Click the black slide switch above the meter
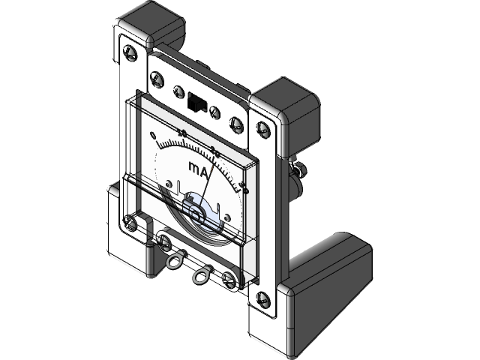click(x=197, y=101)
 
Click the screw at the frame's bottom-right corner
click(x=262, y=299)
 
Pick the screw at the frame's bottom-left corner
click(x=130, y=222)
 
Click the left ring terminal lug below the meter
click(x=174, y=262)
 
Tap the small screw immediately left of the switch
click(x=178, y=91)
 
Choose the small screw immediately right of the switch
click(x=215, y=112)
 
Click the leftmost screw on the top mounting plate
click(x=157, y=78)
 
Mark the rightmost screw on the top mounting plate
click(x=236, y=124)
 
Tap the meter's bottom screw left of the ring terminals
click(x=165, y=241)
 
